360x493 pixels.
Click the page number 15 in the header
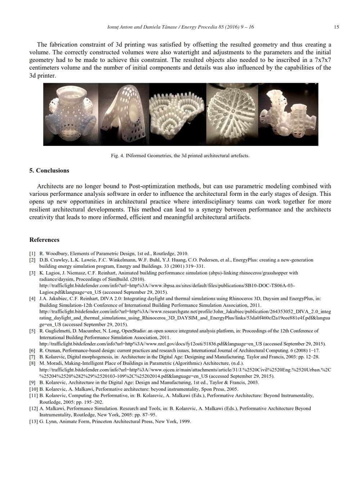[x=336, y=27]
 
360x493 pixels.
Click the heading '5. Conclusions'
[x=49, y=171]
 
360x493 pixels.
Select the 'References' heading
[x=44, y=240]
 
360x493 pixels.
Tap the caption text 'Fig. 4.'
[x=118, y=156]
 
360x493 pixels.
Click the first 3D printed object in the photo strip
[x=71, y=114]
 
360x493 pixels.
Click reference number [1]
[x=32, y=254]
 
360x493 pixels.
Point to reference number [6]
[x=32, y=350]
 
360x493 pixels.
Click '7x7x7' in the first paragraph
[x=323, y=60]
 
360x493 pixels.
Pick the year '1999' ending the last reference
[x=185, y=421]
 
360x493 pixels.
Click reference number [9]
[x=32, y=382]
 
